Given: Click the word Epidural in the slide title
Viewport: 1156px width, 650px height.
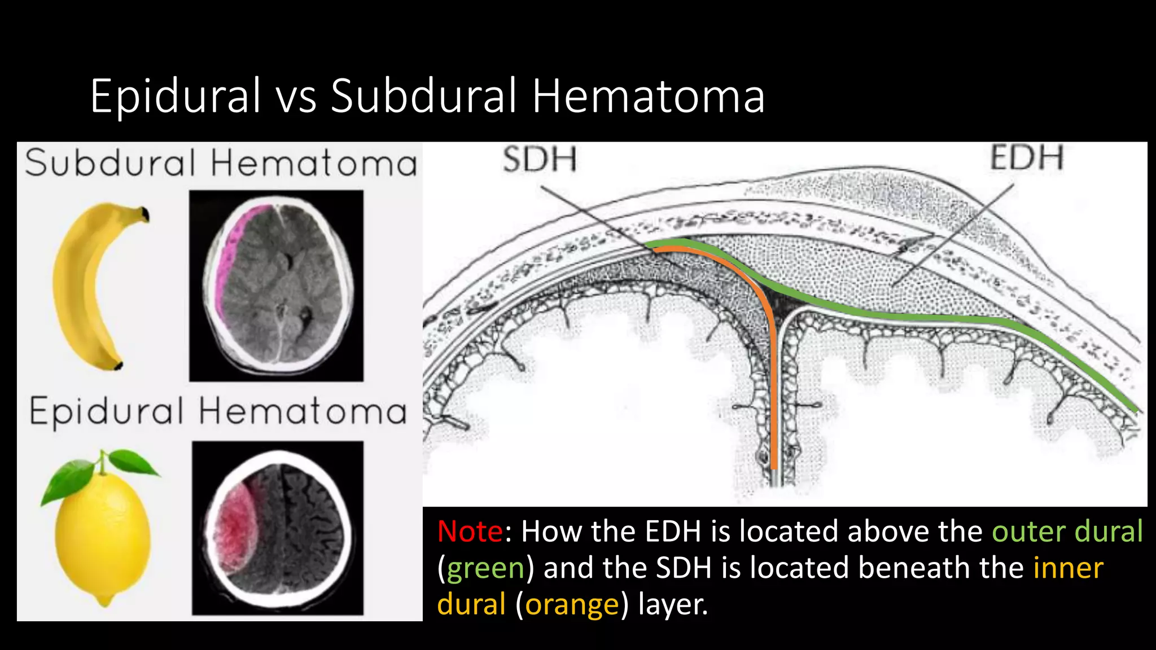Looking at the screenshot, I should pyautogui.click(x=175, y=96).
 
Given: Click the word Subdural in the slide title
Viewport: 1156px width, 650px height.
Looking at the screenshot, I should pyautogui.click(x=423, y=96).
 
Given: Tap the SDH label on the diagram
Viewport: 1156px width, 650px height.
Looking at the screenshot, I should pyautogui.click(x=540, y=159).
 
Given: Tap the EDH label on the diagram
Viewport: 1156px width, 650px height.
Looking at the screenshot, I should pyautogui.click(x=1027, y=157).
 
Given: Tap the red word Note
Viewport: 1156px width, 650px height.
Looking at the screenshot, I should pyautogui.click(x=470, y=532).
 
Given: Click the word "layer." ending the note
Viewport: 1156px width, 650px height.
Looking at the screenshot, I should pyautogui.click(x=673, y=604).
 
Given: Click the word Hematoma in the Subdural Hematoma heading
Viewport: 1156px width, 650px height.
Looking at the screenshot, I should pyautogui.click(x=314, y=164).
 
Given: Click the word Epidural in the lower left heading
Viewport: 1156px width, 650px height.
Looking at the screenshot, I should pyautogui.click(x=107, y=412).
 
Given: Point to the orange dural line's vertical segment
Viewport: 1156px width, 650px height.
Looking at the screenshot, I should pyautogui.click(x=773, y=395).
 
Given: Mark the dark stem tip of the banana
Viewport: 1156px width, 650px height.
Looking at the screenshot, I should pyautogui.click(x=145, y=214).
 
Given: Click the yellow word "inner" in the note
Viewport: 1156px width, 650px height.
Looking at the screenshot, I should pyautogui.click(x=1068, y=568).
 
